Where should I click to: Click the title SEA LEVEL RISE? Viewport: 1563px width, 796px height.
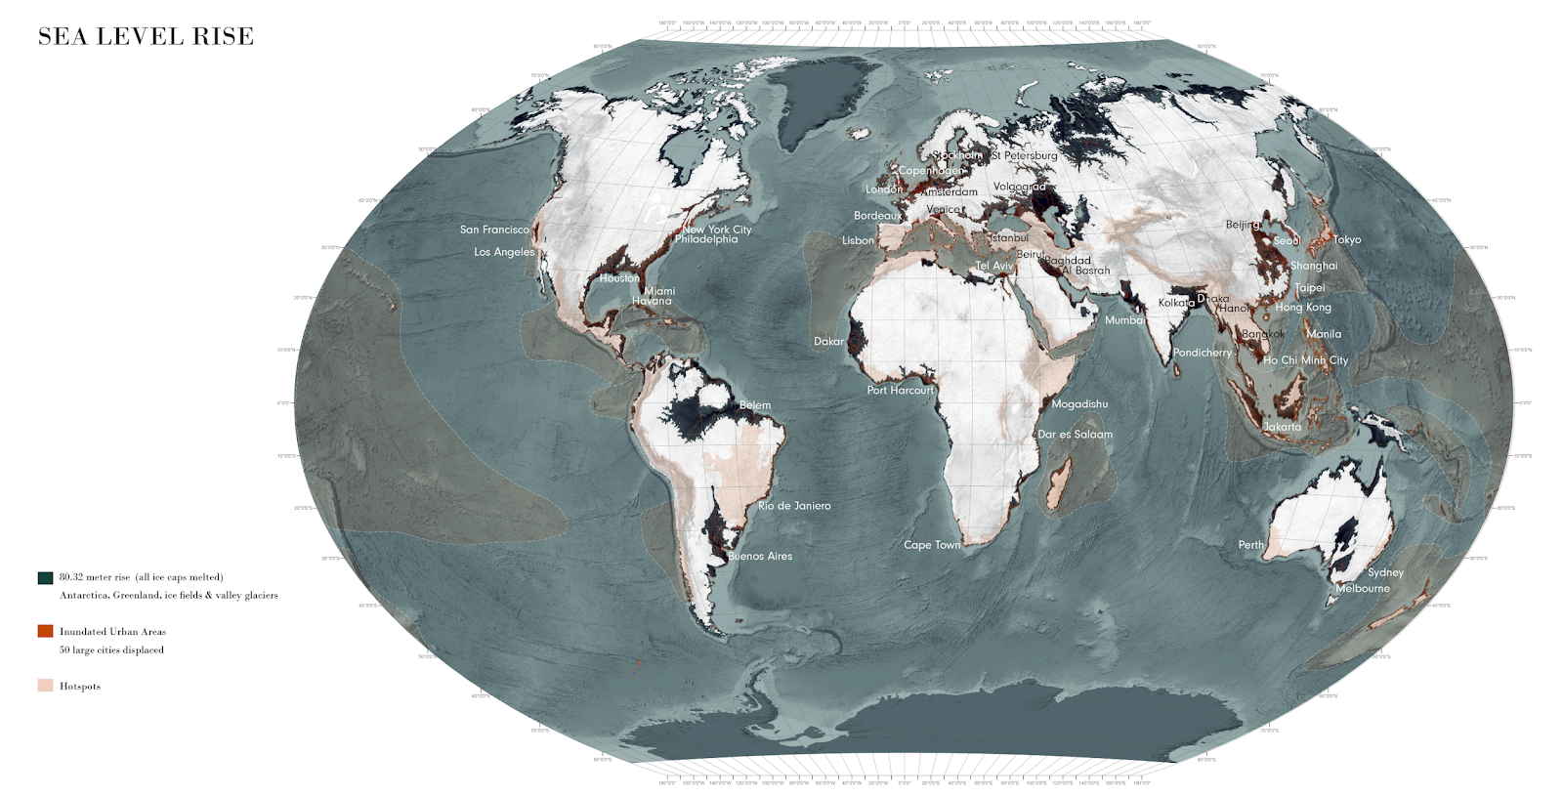pyautogui.click(x=146, y=37)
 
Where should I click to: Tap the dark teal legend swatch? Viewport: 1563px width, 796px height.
pyautogui.click(x=45, y=577)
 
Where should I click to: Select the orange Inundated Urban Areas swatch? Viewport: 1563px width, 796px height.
pyautogui.click(x=45, y=631)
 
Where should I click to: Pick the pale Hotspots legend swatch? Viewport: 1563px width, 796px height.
pyautogui.click(x=45, y=686)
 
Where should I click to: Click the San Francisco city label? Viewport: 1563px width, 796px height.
pyautogui.click(x=494, y=230)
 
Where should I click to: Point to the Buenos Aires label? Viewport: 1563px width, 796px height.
pyautogui.click(x=760, y=557)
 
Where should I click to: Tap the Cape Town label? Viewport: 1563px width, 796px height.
pyautogui.click(x=932, y=545)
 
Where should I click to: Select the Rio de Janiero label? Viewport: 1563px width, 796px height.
pyautogui.click(x=794, y=506)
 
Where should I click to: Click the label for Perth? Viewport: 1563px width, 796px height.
pyautogui.click(x=1250, y=545)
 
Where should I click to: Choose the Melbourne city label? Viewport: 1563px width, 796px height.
pyautogui.click(x=1362, y=589)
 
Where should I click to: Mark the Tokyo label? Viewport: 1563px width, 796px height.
pyautogui.click(x=1347, y=240)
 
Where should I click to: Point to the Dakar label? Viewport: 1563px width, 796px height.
pyautogui.click(x=828, y=342)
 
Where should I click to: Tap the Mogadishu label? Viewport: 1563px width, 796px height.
pyautogui.click(x=1079, y=404)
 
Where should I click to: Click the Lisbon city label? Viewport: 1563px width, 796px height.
pyautogui.click(x=858, y=241)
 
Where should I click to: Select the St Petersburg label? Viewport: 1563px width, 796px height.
pyautogui.click(x=1024, y=156)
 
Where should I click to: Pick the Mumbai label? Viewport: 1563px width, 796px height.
pyautogui.click(x=1124, y=320)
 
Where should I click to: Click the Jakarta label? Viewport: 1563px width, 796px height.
pyautogui.click(x=1282, y=427)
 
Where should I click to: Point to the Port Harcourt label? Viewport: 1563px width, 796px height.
pyautogui.click(x=900, y=391)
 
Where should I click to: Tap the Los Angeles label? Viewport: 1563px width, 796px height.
pyautogui.click(x=504, y=252)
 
